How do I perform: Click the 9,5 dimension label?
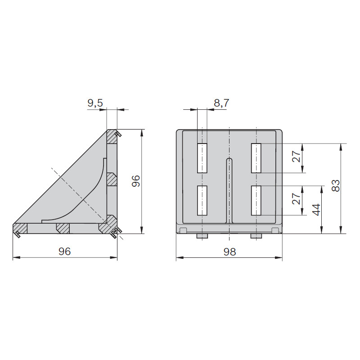click(95, 103)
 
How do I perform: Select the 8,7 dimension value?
click(221, 103)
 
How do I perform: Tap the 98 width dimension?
click(229, 252)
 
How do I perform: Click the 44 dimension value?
click(316, 210)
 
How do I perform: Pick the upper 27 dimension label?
click(296, 156)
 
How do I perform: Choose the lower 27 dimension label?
click(296, 198)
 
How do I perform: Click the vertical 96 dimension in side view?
click(136, 181)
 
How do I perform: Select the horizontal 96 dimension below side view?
click(64, 252)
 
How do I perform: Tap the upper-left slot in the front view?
click(202, 158)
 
